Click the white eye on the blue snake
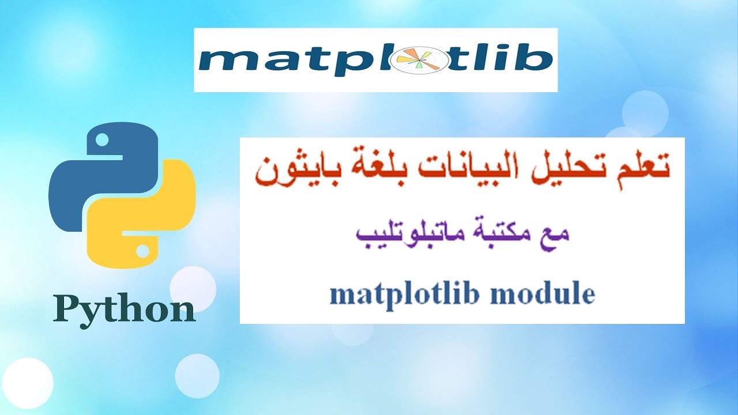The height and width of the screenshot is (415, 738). point(102,139)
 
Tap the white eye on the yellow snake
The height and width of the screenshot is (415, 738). point(142,251)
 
